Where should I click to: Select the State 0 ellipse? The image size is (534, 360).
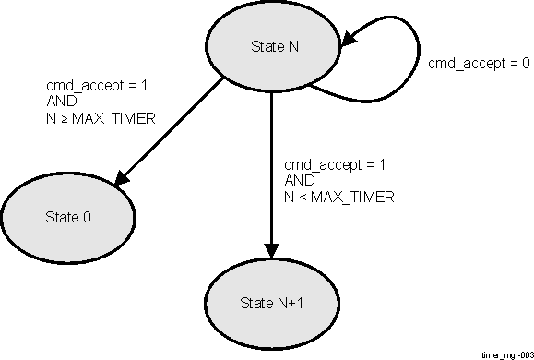coord(68,217)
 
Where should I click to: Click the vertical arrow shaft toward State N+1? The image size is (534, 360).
coord(271,166)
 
